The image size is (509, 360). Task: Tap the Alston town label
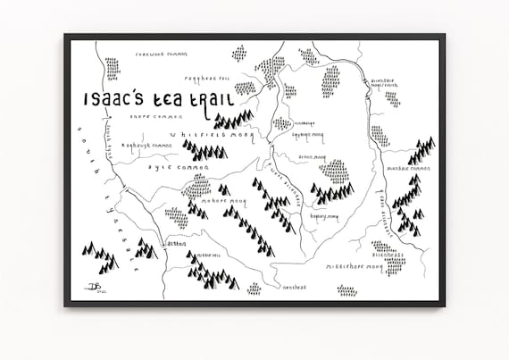176,243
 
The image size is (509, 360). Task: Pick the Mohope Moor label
224,203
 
